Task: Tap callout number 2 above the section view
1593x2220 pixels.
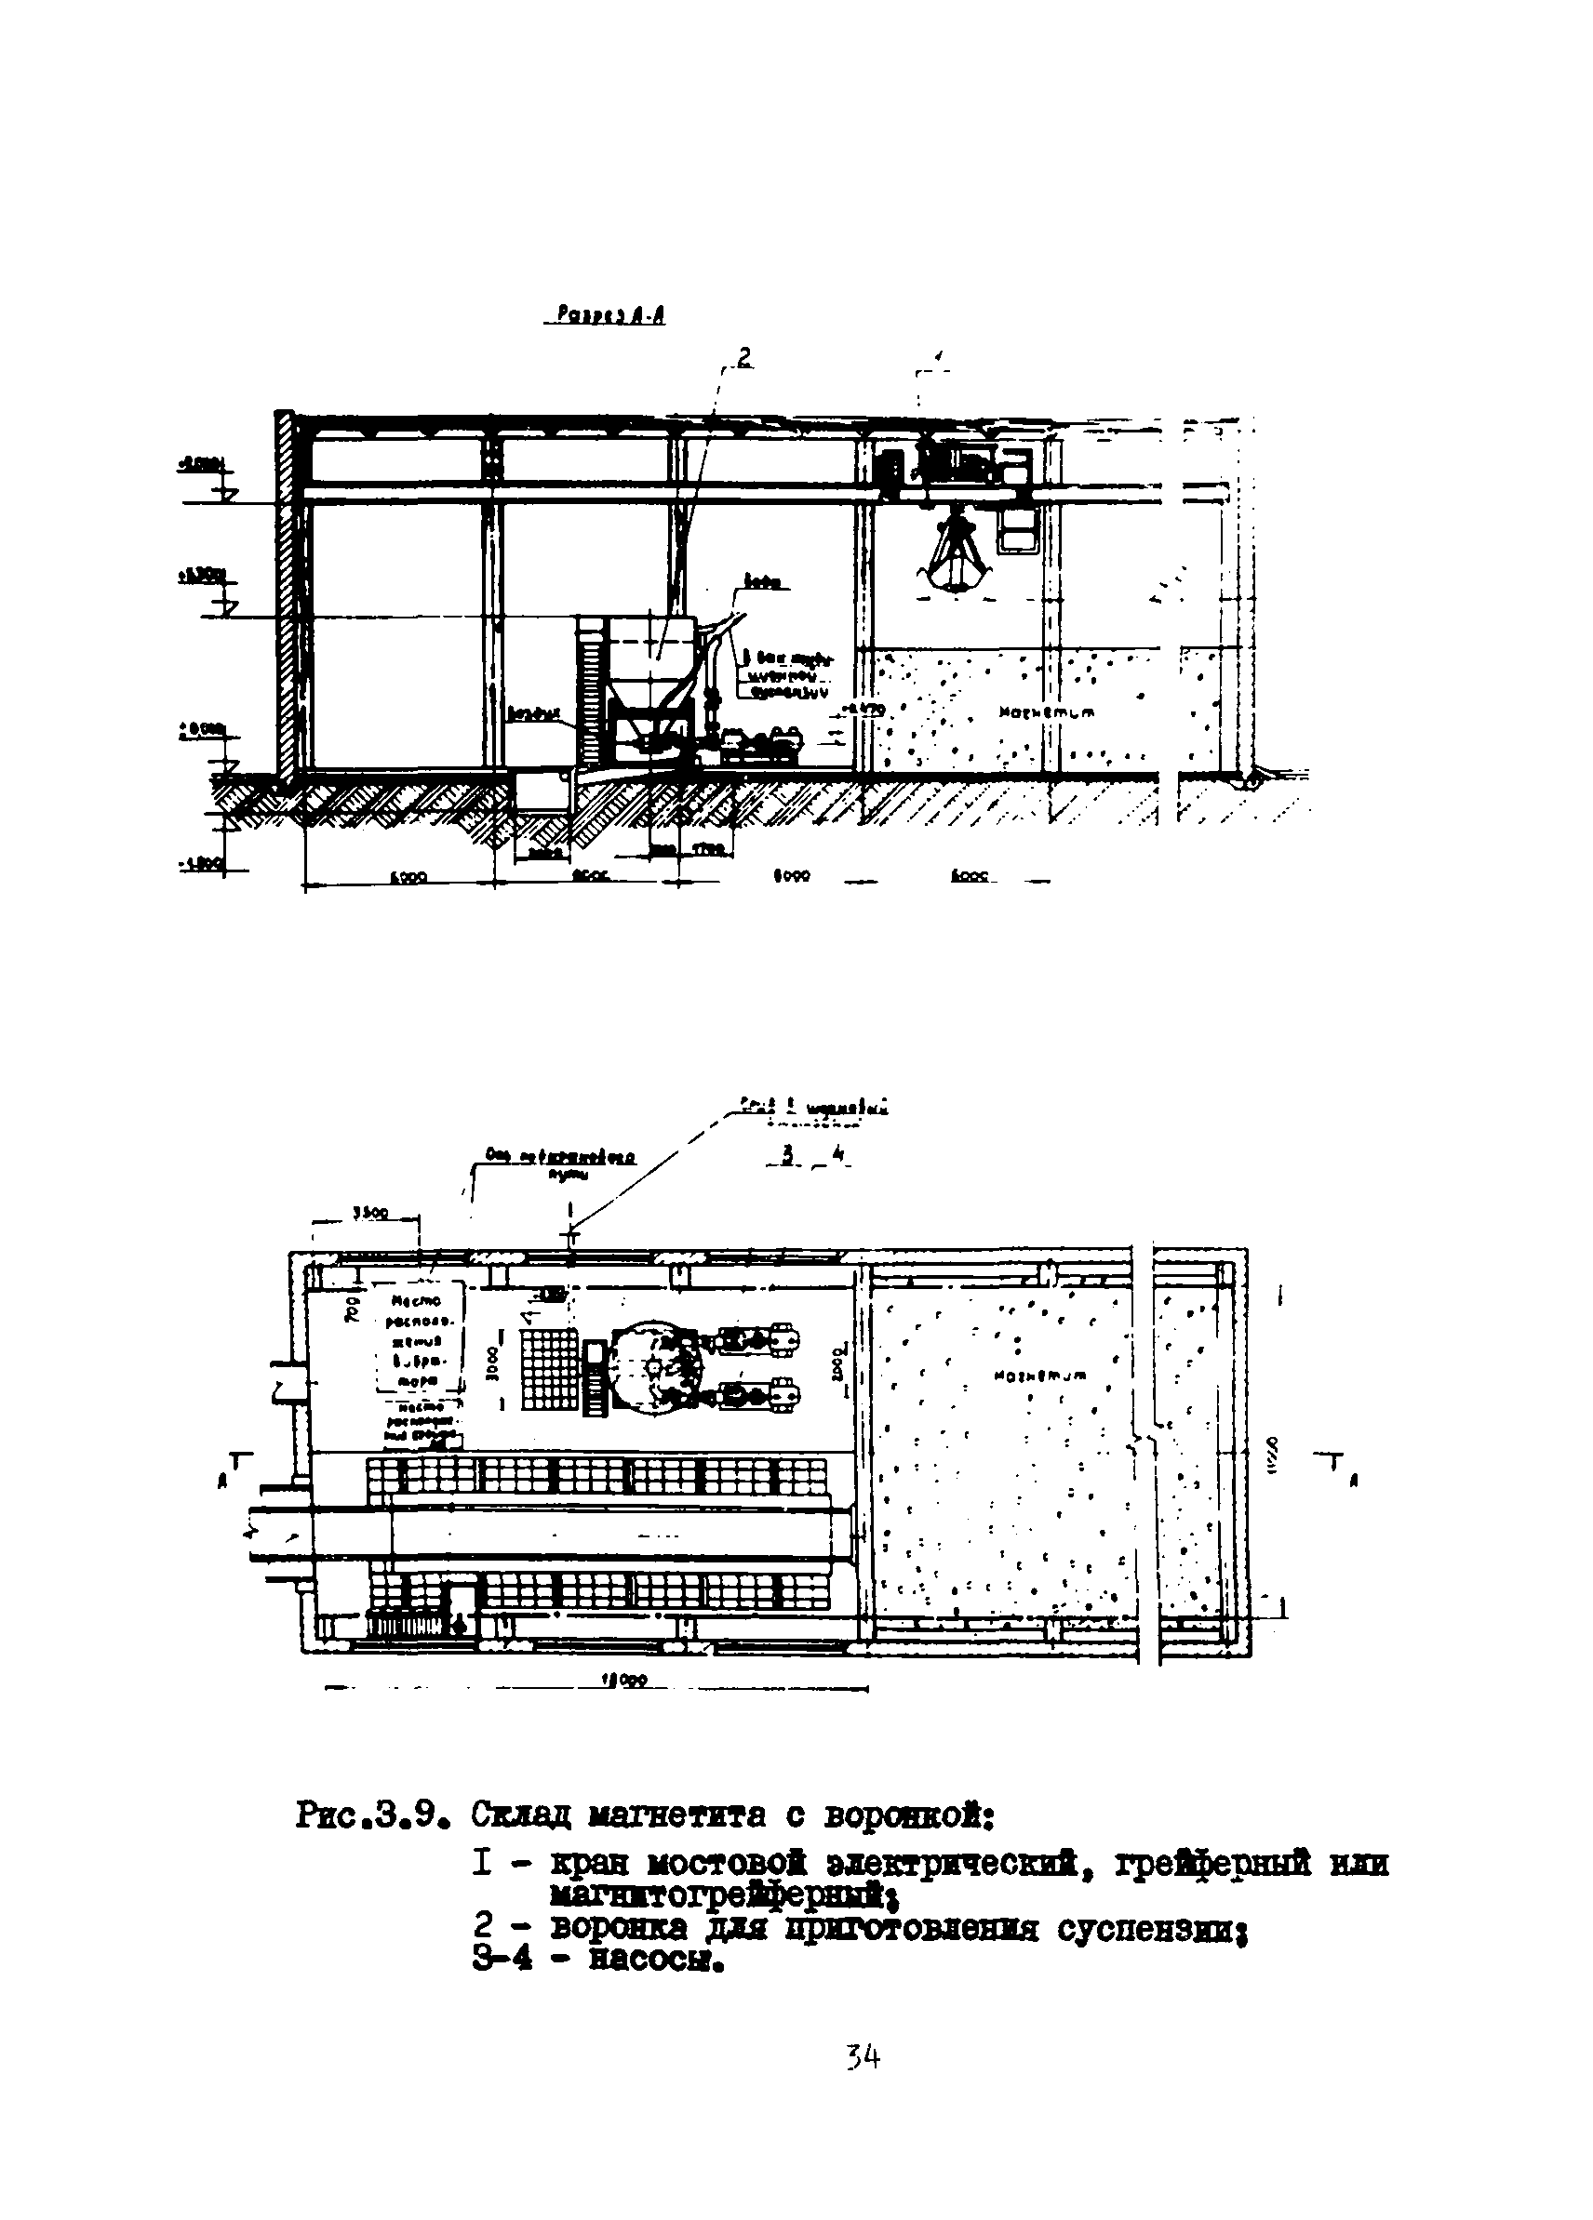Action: (744, 359)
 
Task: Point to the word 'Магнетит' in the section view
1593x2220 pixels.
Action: (1047, 712)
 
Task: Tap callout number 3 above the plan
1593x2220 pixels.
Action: (784, 1156)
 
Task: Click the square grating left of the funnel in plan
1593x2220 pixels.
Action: (550, 1368)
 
